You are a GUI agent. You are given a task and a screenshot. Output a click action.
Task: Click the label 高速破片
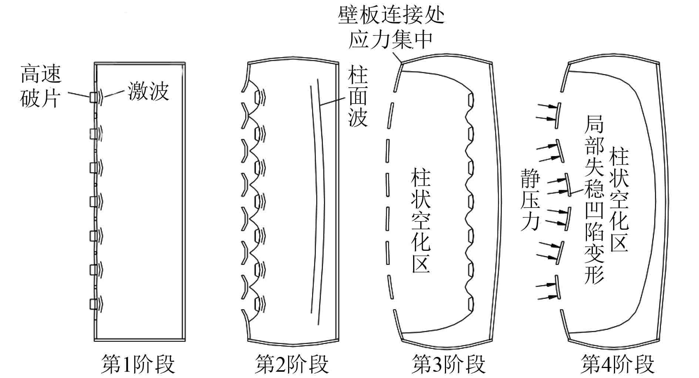pos(41,86)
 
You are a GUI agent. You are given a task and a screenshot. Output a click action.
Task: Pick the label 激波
pos(148,91)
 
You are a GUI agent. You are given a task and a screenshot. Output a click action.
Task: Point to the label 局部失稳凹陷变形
pos(594,200)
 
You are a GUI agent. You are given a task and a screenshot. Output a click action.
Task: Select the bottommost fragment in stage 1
pos(93,304)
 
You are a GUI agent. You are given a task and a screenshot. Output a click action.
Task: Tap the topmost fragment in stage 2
pos(257,97)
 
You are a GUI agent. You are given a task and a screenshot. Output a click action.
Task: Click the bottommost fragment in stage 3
pos(471,304)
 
